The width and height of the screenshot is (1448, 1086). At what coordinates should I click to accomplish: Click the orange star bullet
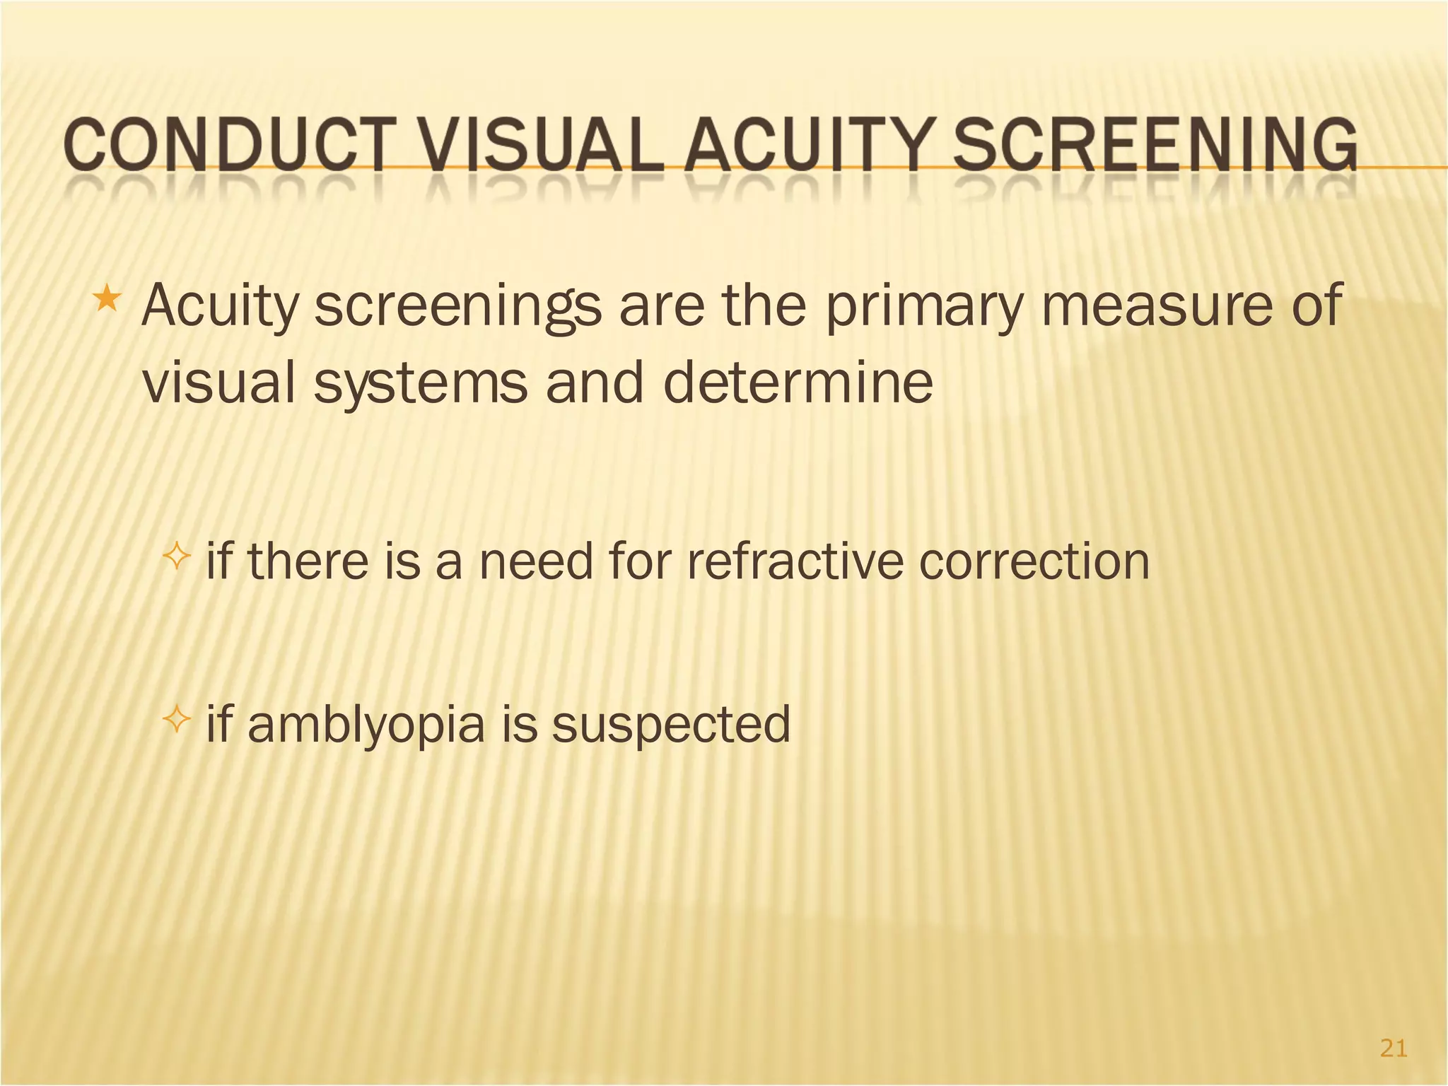(107, 299)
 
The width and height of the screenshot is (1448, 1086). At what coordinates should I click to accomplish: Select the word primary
(925, 305)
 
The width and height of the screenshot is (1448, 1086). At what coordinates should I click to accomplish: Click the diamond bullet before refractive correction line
(177, 559)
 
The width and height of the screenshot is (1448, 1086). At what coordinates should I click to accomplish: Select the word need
(536, 562)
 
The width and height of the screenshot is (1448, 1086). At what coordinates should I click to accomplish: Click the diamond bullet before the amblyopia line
(177, 721)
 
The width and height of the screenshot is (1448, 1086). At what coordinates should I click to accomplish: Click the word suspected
(671, 725)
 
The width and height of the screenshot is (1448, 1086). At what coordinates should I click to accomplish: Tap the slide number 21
(1393, 1048)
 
